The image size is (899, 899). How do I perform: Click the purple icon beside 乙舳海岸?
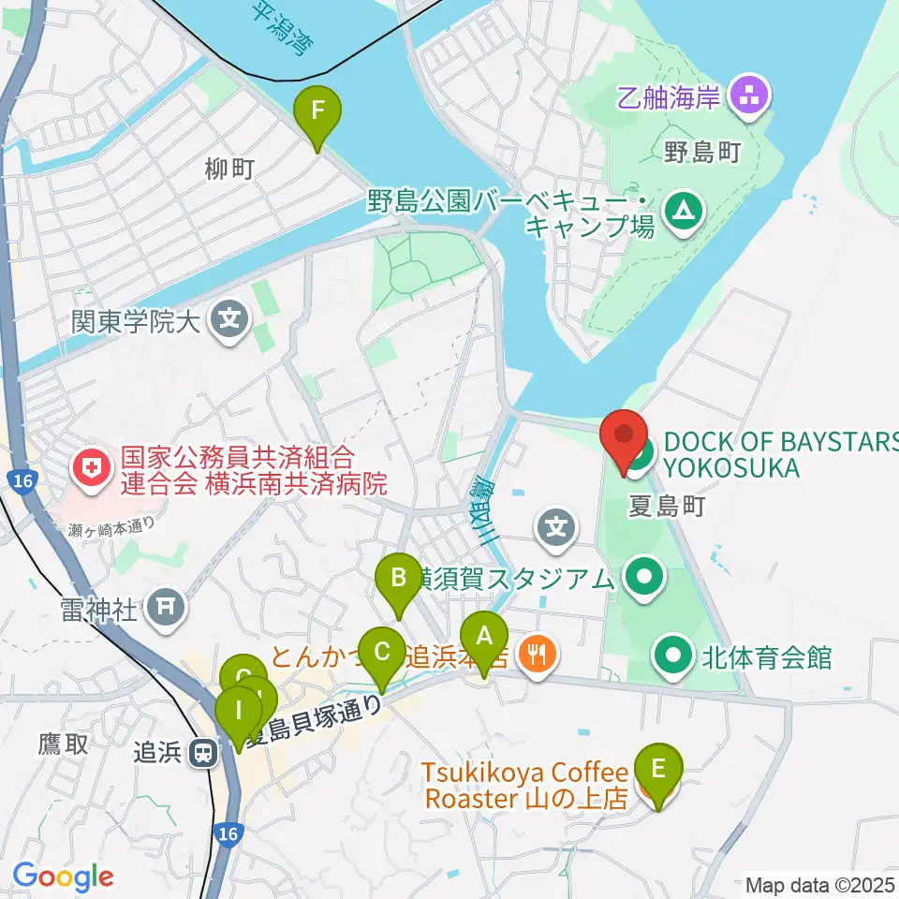coord(750,93)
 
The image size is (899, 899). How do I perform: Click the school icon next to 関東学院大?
coord(229,320)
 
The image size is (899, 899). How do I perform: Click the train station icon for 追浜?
coord(201,753)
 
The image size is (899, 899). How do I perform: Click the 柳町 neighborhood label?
coord(229,169)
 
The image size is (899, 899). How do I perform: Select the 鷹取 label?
coord(63,744)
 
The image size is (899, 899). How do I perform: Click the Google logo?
coord(63,877)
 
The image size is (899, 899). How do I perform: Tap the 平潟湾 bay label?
coord(282,28)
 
